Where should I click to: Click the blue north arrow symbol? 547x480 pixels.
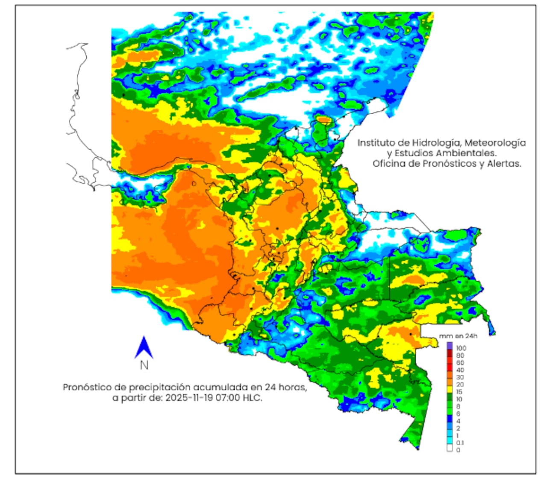click(x=144, y=347)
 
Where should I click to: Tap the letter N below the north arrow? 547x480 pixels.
click(x=144, y=365)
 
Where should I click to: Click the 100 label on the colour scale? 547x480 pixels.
click(x=461, y=348)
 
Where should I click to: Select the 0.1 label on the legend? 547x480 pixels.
click(x=460, y=443)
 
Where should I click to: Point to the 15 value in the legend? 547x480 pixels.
click(x=459, y=392)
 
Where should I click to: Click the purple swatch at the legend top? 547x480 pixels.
click(x=449, y=345)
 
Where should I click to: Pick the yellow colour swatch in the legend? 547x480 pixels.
click(x=449, y=389)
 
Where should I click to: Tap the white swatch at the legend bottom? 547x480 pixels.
click(x=449, y=449)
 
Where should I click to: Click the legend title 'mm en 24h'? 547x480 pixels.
click(x=458, y=336)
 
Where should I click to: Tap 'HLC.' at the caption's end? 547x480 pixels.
click(x=253, y=398)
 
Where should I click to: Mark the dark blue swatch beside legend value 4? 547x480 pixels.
click(x=449, y=421)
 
